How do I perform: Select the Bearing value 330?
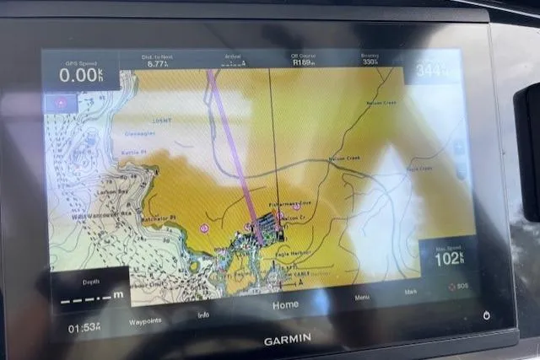(x=370, y=62)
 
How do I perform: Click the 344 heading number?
(x=431, y=71)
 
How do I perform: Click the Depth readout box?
(x=90, y=291)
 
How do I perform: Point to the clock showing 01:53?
(x=84, y=327)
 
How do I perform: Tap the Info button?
(x=203, y=315)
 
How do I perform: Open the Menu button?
(x=362, y=298)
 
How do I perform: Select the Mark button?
(x=411, y=292)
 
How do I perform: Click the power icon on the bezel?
(x=487, y=315)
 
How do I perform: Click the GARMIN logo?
(x=287, y=340)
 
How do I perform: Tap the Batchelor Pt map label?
(x=160, y=218)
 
